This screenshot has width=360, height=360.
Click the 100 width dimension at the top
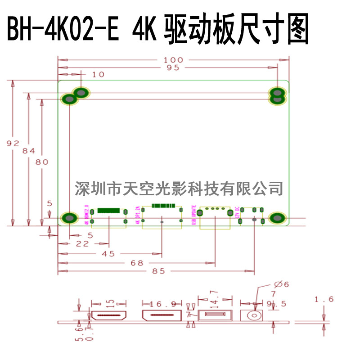tap(174, 60)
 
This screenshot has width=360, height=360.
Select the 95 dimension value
tap(173, 68)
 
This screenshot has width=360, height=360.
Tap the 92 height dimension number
tap(13, 143)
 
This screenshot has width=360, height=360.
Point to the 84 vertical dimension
tap(29, 151)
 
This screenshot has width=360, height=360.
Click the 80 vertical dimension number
tap(42, 163)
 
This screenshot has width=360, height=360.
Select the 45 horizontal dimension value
tap(108, 254)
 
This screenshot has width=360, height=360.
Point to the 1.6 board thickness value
tap(324, 299)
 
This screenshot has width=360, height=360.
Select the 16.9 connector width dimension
tap(160, 304)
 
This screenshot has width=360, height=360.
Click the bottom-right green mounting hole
tap(277, 218)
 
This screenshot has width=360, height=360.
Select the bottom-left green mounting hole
tap(69, 218)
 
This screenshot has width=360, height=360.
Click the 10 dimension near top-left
tap(98, 75)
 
